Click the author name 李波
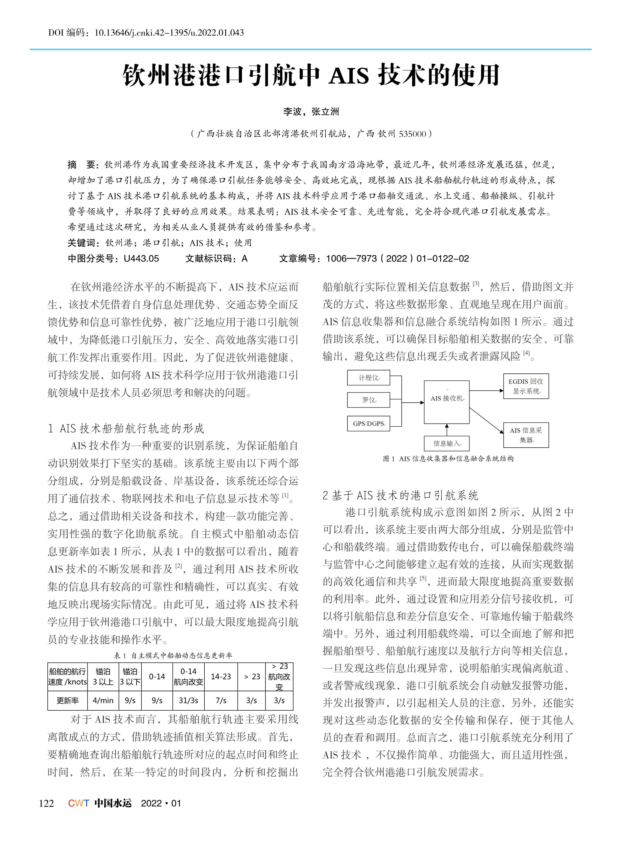(292, 112)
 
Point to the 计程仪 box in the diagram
(368, 378)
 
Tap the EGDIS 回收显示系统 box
(526, 386)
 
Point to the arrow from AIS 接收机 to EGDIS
(487, 391)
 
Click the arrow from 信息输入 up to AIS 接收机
(447, 430)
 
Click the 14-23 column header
(221, 676)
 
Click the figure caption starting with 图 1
(448, 459)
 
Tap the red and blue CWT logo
(78, 803)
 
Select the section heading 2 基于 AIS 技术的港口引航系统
(400, 495)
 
